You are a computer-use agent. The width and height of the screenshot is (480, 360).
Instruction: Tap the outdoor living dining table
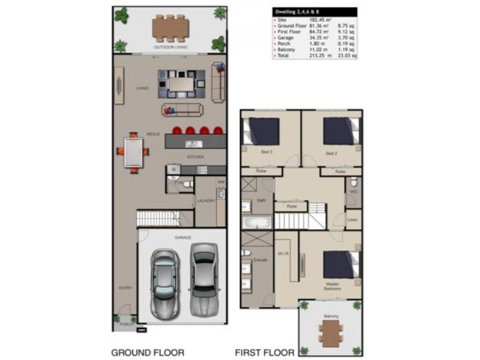click(171, 26)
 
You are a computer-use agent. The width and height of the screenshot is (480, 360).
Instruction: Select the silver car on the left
click(164, 283)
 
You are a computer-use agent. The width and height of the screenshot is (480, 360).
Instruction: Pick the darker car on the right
click(203, 279)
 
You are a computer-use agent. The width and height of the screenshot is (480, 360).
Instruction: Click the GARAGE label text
click(183, 238)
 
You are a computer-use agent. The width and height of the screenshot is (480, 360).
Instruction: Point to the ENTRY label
click(125, 288)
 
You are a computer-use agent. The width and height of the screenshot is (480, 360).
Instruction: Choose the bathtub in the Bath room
click(257, 222)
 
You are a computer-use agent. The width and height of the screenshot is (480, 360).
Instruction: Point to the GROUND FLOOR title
click(148, 352)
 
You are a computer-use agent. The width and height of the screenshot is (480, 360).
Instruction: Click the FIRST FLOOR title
click(265, 352)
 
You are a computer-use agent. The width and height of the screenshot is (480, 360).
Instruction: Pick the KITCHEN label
click(196, 157)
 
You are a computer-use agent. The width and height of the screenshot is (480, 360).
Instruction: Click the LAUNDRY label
click(206, 200)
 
